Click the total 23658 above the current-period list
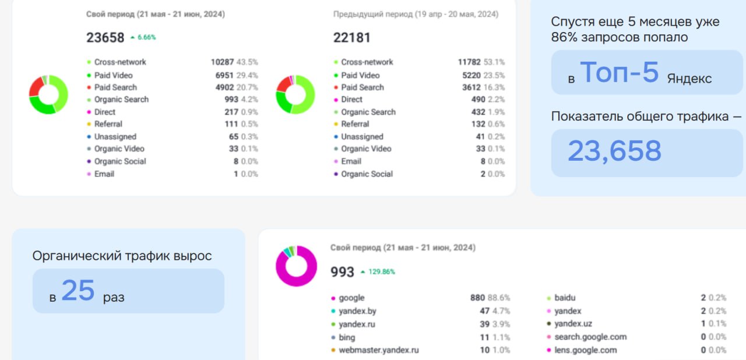[105, 38]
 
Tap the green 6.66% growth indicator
[143, 37]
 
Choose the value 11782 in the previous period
[469, 62]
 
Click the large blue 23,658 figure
[614, 151]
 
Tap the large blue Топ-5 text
[620, 73]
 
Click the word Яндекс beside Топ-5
[689, 79]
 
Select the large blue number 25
[78, 290]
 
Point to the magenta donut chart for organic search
[295, 266]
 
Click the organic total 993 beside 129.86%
[342, 272]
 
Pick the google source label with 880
[351, 298]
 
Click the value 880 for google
[477, 298]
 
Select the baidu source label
[565, 298]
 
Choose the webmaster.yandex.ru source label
[378, 350]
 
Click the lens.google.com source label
[585, 350]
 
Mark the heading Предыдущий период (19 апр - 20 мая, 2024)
[416, 14]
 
